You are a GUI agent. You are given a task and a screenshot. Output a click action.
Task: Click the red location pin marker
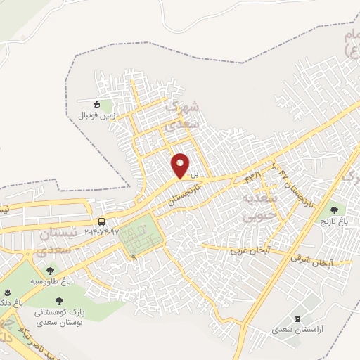(x=181, y=165)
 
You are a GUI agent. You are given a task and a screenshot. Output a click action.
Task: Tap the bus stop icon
(x=103, y=221)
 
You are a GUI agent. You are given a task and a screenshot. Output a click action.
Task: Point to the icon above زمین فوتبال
(x=97, y=103)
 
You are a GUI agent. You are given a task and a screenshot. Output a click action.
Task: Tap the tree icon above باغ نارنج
(x=334, y=209)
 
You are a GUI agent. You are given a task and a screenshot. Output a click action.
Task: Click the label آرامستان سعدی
(x=295, y=329)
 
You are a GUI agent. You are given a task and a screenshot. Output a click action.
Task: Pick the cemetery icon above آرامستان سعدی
(x=297, y=318)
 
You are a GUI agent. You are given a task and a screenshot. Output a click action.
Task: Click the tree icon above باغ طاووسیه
(x=49, y=270)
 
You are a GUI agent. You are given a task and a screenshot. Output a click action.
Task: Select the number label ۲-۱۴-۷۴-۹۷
(x=103, y=231)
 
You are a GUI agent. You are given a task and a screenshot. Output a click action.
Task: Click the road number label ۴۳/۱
(x=252, y=178)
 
